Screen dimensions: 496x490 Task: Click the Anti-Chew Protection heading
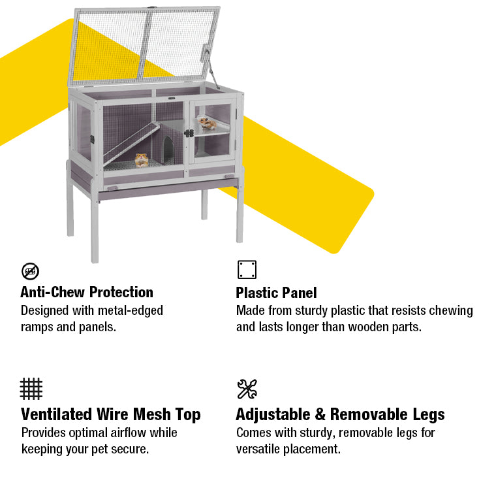coord(87,292)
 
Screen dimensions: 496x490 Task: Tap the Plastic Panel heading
coord(276,293)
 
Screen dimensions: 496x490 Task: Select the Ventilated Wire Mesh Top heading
coord(111,415)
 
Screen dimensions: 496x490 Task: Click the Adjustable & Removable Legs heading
coord(341,415)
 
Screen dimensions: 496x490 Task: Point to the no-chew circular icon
coord(31,271)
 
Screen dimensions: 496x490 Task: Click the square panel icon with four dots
coord(247,270)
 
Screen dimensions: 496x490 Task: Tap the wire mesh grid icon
coord(31,389)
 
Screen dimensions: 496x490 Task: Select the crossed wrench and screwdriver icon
coord(247,389)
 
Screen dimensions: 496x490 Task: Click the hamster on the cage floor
coord(142,160)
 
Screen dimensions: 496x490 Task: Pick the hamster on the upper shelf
coord(207,123)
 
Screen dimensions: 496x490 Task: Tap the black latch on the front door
coord(189,133)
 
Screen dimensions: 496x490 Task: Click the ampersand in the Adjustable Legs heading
coord(320,415)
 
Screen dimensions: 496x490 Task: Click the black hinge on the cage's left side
coord(93,139)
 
